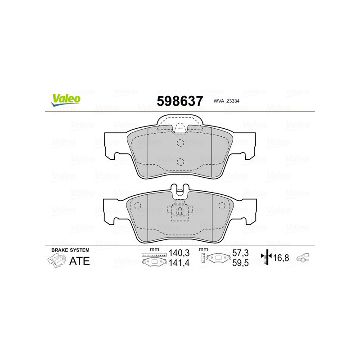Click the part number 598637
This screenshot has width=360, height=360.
point(180,101)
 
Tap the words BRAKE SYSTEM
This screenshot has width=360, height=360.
point(70,250)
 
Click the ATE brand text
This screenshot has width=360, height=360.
point(79,261)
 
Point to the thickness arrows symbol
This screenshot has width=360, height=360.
point(267,257)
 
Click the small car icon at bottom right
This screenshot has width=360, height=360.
point(305,258)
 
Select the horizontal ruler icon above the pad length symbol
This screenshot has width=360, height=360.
point(154,255)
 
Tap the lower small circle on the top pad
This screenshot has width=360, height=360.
point(180,162)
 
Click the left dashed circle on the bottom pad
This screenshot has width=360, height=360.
point(138,206)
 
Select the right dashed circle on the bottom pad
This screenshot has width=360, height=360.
point(221,206)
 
